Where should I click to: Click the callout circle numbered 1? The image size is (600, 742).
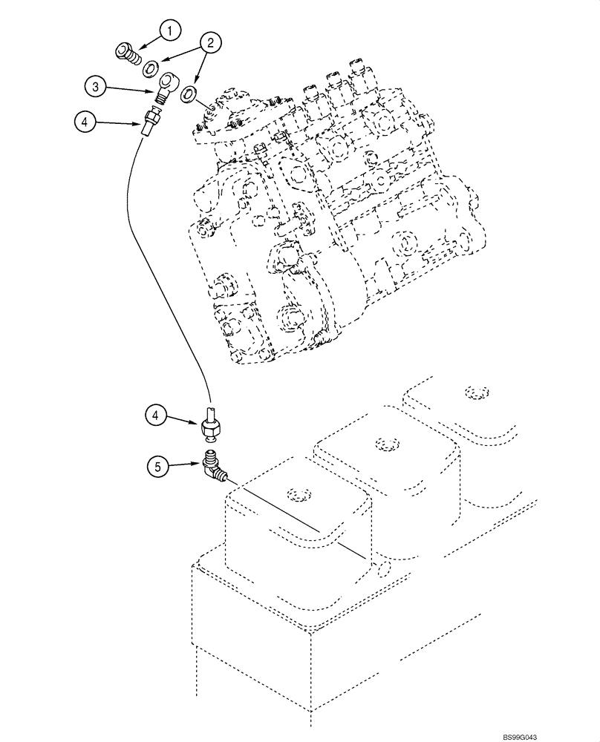[170, 30]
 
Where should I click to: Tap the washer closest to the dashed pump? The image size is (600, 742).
[189, 93]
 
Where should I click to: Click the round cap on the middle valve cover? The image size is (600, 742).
[384, 444]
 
